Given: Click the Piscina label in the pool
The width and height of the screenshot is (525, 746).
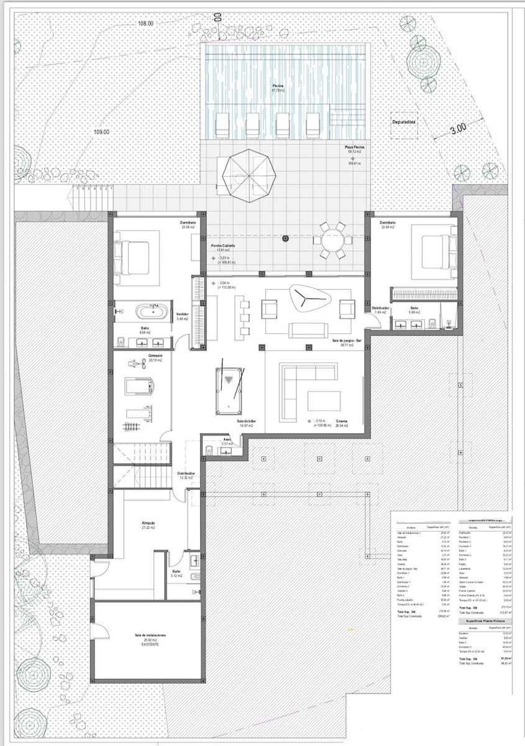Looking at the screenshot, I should pos(278,86).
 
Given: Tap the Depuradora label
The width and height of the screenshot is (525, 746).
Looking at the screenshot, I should pos(403,122).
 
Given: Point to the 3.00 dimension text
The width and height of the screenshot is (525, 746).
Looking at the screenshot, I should pos(458,129).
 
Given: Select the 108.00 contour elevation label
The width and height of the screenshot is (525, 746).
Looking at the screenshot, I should pos(145,23).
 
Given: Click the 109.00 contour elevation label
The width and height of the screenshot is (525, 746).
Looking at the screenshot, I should pos(101,132).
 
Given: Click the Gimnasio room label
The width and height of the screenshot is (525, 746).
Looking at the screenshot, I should pos(155,357).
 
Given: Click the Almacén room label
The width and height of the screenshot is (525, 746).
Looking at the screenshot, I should pos(148,524).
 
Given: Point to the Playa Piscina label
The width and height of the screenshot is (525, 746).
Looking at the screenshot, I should pos(354,149).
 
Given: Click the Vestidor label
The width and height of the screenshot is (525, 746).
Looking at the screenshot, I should pos(183,314).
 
